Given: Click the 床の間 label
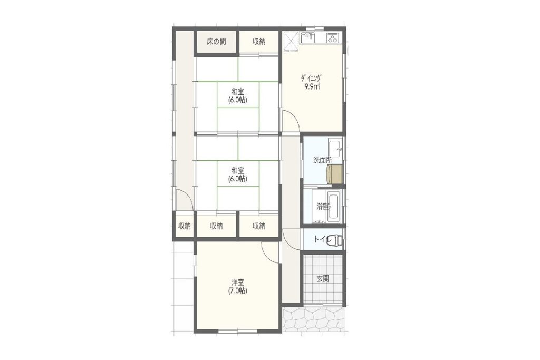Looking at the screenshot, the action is click(216, 42).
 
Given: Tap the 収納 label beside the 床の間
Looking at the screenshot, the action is click(259, 42).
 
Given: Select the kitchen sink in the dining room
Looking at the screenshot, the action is click(308, 37).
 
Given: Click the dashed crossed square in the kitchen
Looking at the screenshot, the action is click(291, 41).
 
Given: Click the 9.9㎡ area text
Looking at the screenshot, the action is click(312, 86).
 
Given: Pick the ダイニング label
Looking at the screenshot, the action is click(312, 78).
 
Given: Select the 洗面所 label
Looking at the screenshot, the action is click(323, 160).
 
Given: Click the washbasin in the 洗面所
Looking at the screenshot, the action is click(335, 148).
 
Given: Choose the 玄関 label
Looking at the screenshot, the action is click(323, 278).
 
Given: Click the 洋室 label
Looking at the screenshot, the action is click(237, 283).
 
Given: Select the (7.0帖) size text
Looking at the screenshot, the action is click(237, 290).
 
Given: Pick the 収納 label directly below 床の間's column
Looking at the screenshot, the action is click(216, 226).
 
